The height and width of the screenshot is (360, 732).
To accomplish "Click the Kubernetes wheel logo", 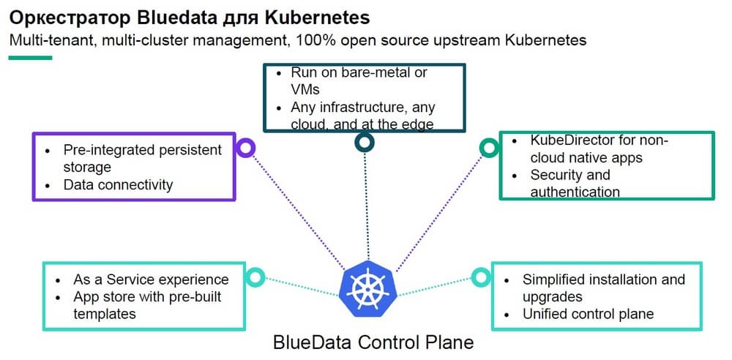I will [x=365, y=287].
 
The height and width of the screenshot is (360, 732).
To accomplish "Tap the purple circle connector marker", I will [x=247, y=149].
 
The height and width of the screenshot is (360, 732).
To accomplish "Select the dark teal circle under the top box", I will [x=364, y=142].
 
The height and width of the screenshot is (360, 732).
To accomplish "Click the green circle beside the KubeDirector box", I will [x=488, y=149].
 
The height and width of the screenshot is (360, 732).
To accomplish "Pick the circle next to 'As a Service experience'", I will [x=255, y=277].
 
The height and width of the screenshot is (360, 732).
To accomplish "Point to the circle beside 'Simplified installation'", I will [x=479, y=277].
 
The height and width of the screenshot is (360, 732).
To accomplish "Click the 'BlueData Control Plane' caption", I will [x=373, y=342].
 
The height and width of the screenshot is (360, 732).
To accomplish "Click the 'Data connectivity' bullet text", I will [x=118, y=184].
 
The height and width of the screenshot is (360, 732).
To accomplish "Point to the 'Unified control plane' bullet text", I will [x=588, y=314].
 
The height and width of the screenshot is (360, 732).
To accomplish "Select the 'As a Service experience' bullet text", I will [x=151, y=280].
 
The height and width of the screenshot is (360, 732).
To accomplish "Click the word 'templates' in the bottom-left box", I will [x=105, y=314].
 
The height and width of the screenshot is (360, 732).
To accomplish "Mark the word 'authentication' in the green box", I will [x=575, y=192].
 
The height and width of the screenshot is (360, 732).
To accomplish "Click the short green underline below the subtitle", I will [x=30, y=57].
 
